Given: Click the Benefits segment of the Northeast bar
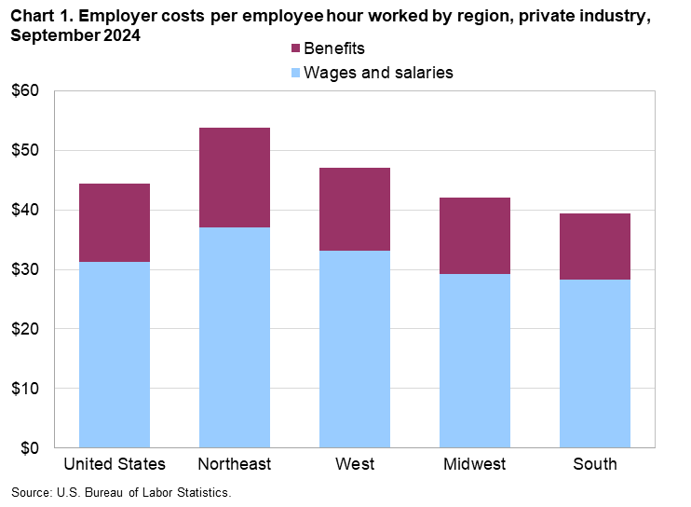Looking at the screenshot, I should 234,177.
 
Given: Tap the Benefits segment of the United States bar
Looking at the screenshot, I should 115,223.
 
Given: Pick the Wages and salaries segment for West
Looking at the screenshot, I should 354,349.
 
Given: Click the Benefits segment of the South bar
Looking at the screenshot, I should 594,246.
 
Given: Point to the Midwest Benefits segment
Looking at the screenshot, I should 474,236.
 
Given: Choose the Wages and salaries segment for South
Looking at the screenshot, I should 594,363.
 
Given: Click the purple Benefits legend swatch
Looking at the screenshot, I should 297,48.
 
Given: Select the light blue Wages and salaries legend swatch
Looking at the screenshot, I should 297,73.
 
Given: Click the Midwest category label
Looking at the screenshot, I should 474,464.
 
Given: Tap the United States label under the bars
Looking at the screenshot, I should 115,464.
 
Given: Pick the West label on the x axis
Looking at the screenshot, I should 354,464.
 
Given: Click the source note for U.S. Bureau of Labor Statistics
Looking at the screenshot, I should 120,491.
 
